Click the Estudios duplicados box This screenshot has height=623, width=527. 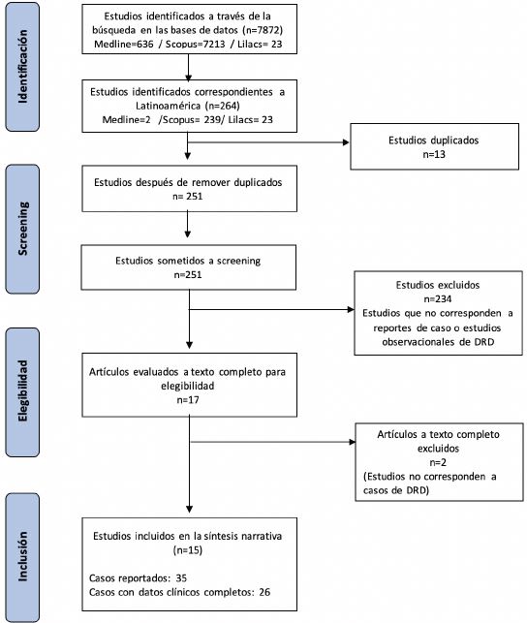click(433, 144)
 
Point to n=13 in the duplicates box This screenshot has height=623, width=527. click(433, 153)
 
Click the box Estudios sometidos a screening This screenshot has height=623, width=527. click(189, 268)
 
